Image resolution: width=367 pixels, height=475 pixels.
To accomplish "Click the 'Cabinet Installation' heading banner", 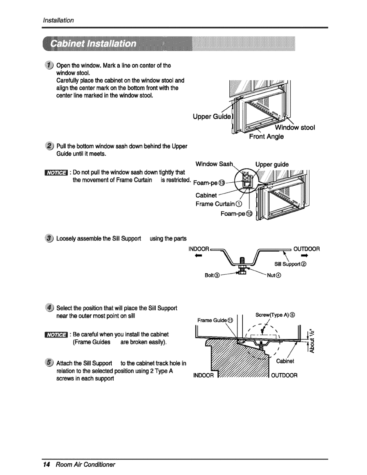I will pyautogui.click(x=94, y=44).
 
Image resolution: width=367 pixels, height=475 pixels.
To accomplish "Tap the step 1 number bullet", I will pyautogui.click(x=49, y=65).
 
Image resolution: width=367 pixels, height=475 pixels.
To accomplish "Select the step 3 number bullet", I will pyautogui.click(x=49, y=238).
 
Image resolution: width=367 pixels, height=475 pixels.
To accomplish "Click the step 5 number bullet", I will pyautogui.click(x=49, y=363).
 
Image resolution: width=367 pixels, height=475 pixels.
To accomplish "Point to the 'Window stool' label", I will pyautogui.click(x=295, y=128).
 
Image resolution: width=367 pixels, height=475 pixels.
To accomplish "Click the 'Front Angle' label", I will pyautogui.click(x=266, y=137).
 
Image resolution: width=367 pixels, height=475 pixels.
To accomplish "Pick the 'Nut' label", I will pyautogui.click(x=273, y=275).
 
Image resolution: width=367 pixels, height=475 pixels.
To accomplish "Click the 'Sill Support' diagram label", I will pyautogui.click(x=290, y=264).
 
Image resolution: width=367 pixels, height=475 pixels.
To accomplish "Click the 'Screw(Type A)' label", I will pyautogui.click(x=275, y=315).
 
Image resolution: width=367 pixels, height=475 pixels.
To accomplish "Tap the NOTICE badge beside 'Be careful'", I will pyautogui.click(x=56, y=334).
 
